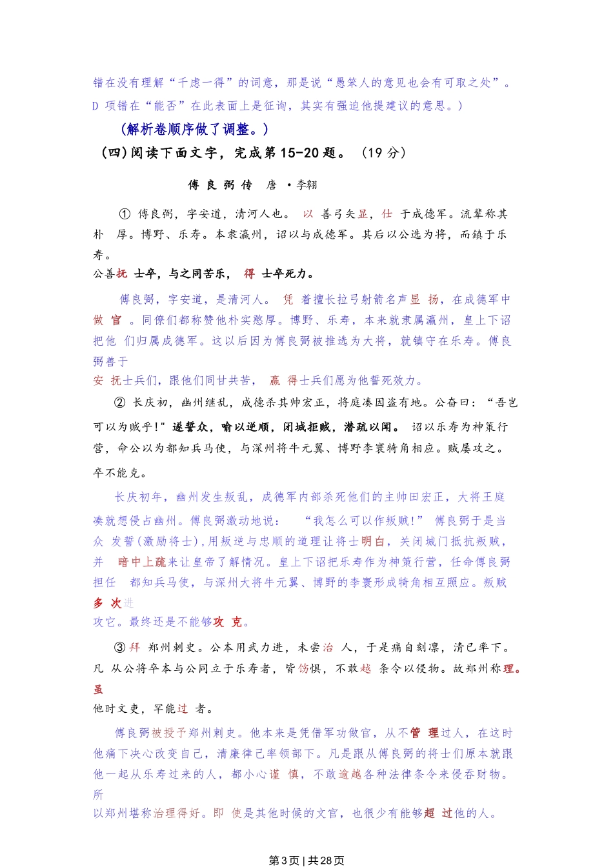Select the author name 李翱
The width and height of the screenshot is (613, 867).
point(306,185)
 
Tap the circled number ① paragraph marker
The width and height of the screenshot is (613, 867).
point(125,214)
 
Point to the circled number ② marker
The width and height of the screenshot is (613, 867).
point(119,403)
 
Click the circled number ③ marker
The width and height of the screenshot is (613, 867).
point(119,647)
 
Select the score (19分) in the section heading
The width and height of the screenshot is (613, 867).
point(383,153)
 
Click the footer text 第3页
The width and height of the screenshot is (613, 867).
point(284,861)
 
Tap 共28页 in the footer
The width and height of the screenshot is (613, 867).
point(326,861)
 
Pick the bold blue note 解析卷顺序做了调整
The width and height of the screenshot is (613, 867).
point(194,129)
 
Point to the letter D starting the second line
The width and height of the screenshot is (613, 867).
point(95,105)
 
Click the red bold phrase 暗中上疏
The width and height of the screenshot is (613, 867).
point(141,562)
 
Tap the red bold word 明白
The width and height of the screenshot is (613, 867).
point(372,541)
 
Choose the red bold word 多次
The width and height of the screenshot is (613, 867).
point(107,603)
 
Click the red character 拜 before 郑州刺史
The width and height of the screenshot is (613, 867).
point(134,647)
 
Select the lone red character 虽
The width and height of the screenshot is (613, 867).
point(98,689)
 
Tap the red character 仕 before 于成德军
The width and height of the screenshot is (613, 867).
point(387,214)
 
